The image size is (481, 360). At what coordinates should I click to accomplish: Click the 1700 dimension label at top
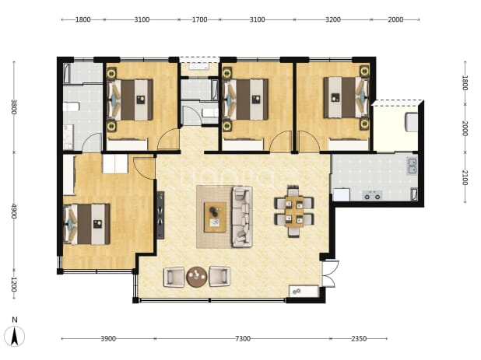(x=199, y=19)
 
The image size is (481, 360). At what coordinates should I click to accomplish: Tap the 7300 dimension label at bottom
(x=243, y=338)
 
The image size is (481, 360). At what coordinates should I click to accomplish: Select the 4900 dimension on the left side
(x=13, y=211)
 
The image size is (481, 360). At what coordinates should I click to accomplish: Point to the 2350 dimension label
(x=359, y=338)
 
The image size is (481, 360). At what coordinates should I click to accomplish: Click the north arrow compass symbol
(x=15, y=336)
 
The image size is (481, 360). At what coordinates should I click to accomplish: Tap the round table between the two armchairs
(x=197, y=277)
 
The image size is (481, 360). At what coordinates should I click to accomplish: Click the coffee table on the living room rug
(x=215, y=217)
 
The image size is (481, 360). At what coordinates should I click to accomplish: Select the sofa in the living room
(x=242, y=217)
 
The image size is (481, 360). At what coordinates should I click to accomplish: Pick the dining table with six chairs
(x=294, y=211)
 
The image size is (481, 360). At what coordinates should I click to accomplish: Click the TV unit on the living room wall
(x=160, y=215)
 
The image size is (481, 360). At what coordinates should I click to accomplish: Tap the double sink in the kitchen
(x=413, y=166)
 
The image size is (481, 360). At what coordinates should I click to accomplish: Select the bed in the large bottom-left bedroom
(x=86, y=224)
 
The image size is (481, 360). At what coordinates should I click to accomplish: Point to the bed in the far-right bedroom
(x=346, y=97)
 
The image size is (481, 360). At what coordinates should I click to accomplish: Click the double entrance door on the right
(x=330, y=274)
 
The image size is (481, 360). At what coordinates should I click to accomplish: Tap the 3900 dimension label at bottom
(x=108, y=338)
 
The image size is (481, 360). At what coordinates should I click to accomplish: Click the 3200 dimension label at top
(x=333, y=19)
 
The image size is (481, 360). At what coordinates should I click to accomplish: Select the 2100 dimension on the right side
(x=465, y=178)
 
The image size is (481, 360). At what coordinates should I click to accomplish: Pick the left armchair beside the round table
(x=174, y=277)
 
